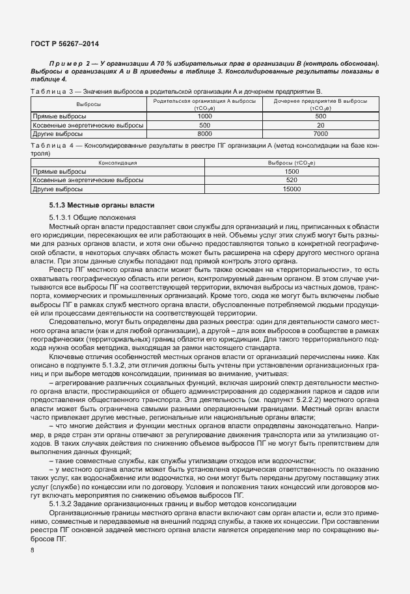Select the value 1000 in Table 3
tap(204, 116)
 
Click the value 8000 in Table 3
tap(204, 133)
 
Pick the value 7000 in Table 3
tap(320, 133)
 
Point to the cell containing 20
tap(320, 124)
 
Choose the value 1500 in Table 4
tap(292, 172)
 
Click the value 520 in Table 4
tap(292, 180)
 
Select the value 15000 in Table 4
tap(292, 189)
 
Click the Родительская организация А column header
tap(204, 102)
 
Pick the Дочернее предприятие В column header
tap(320, 102)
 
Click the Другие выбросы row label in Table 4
tap(58, 189)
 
